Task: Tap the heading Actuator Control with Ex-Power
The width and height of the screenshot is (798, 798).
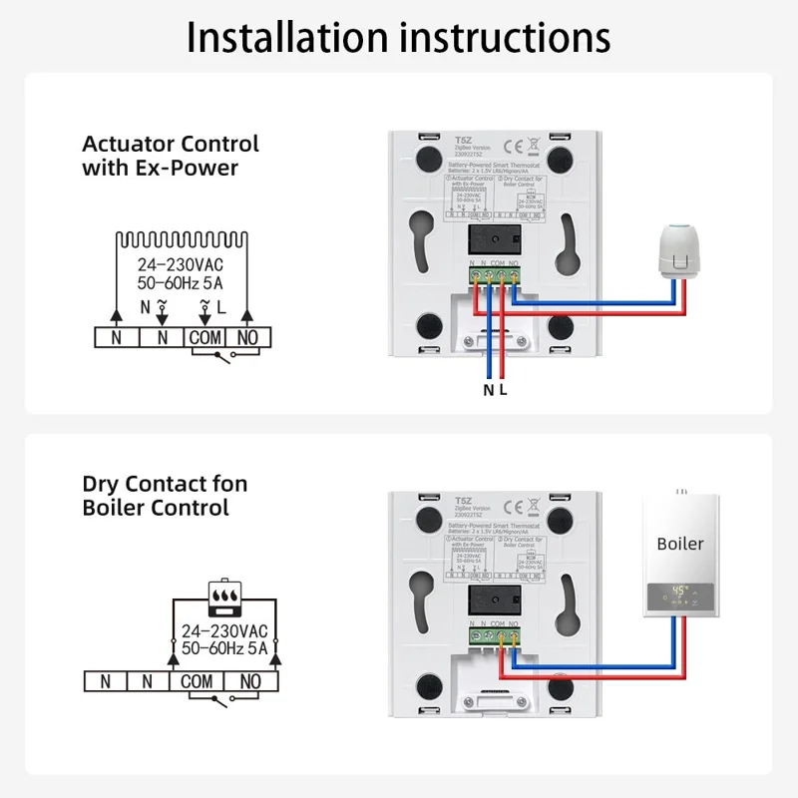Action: click(x=170, y=156)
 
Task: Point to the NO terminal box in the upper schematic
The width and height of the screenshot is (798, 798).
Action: click(x=248, y=338)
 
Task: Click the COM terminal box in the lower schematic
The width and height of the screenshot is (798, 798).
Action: click(x=198, y=681)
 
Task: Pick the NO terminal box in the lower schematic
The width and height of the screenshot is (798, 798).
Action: click(x=250, y=681)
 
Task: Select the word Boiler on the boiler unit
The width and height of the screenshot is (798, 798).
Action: click(x=680, y=544)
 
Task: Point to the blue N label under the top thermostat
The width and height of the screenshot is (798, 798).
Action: click(x=488, y=390)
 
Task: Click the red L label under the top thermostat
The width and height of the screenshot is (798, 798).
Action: click(x=503, y=390)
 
